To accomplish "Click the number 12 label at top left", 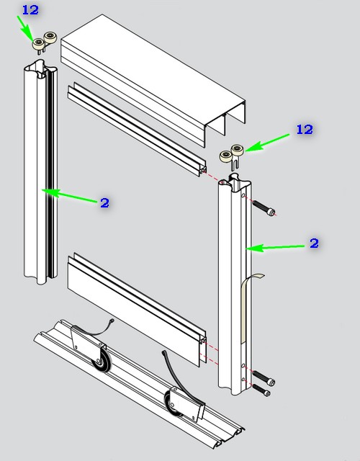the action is pyautogui.click(x=30, y=10).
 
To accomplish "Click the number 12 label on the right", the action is pyautogui.click(x=305, y=130).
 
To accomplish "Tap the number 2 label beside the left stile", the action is pyautogui.click(x=104, y=203).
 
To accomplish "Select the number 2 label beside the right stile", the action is pyautogui.click(x=314, y=243).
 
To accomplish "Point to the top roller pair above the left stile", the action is pyautogui.click(x=44, y=42).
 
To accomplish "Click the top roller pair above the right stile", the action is pyautogui.click(x=232, y=156).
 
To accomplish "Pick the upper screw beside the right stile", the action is pyautogui.click(x=264, y=207).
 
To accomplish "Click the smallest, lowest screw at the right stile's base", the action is pyautogui.click(x=261, y=390).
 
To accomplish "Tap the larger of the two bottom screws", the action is pyautogui.click(x=264, y=378).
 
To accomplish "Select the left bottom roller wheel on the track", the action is pyautogui.click(x=102, y=360).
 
